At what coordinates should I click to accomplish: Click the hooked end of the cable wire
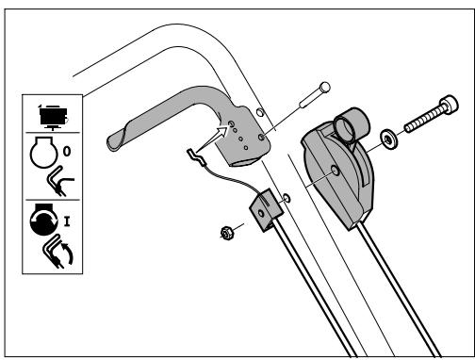(192, 151)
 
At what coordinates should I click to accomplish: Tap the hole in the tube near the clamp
(287, 199)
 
